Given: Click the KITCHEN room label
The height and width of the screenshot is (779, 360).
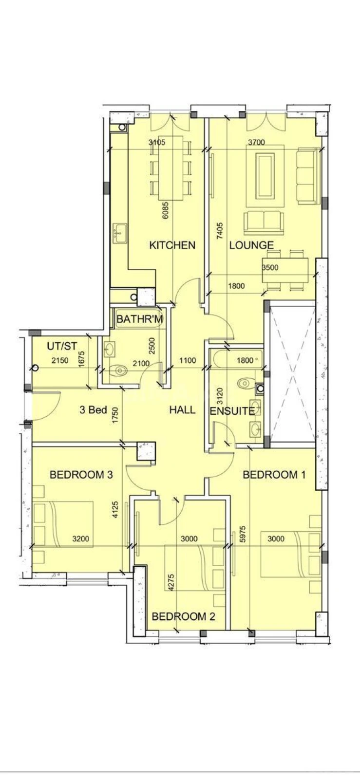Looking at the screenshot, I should tap(172, 245).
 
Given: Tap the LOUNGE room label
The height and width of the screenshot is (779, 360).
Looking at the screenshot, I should tap(251, 245).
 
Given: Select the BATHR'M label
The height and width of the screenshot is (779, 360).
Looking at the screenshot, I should tap(140, 319).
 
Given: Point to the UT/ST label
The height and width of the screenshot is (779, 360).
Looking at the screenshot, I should tap(62, 346).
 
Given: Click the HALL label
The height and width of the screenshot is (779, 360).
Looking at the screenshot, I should tap(182, 410).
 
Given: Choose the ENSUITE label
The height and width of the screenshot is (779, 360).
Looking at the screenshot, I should tap(232, 411).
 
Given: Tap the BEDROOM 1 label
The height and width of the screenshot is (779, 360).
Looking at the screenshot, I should tap(274, 475).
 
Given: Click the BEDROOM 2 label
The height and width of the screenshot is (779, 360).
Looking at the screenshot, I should tap(183, 616).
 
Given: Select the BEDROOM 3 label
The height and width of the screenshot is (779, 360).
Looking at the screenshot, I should tap(81, 475).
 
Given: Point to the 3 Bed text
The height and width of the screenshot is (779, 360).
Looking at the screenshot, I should tap(93, 410).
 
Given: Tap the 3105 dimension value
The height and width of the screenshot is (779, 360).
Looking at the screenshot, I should tap(157, 143).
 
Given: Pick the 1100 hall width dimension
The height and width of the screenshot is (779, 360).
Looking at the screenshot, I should tap(188, 361).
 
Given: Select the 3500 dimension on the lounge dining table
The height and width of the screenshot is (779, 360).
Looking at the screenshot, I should tap(270, 268).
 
